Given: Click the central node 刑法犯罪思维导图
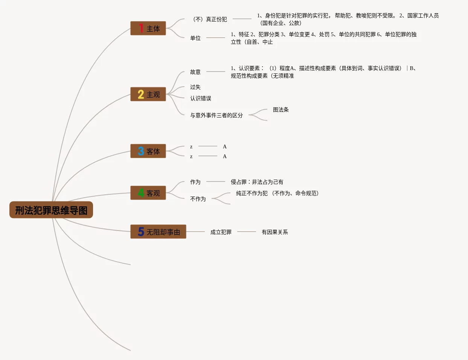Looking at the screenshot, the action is (x=51, y=210).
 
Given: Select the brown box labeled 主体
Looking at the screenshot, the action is (x=148, y=29).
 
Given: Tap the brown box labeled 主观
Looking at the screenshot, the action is (x=148, y=95).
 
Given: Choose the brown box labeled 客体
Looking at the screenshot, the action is (x=148, y=151).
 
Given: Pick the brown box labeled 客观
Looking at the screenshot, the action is (x=148, y=193).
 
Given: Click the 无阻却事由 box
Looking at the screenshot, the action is (x=158, y=232).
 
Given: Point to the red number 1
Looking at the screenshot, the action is (x=141, y=28).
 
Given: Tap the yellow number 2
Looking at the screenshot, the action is (x=141, y=94).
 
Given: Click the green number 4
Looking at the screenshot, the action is (x=141, y=193).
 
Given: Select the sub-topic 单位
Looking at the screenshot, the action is (x=195, y=38).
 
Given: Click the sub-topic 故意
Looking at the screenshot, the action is (x=195, y=72).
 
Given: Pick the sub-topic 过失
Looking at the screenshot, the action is (x=195, y=87).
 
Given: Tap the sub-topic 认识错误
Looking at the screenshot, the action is (x=201, y=98).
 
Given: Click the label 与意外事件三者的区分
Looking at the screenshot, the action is (x=216, y=115).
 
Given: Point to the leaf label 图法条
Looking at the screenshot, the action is (x=281, y=110).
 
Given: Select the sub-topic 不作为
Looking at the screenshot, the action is (x=198, y=199).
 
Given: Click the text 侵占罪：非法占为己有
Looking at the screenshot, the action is (x=257, y=182).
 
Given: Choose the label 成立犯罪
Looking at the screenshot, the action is (x=221, y=232).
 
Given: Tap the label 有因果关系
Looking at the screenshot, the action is (x=275, y=232).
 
